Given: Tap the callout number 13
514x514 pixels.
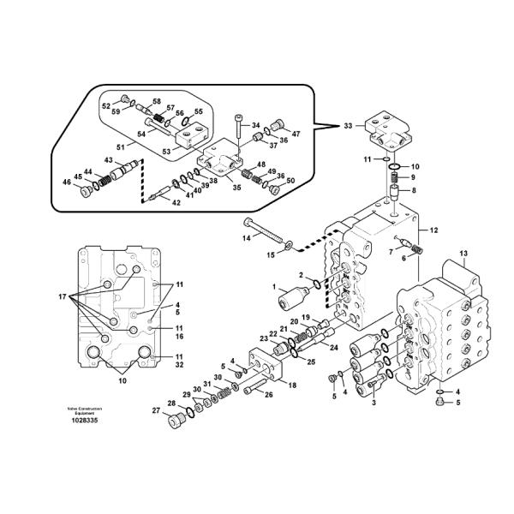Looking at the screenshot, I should [x=463, y=253].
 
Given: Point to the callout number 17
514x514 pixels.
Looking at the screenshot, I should [x=63, y=296].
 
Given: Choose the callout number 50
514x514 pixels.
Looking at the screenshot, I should [x=290, y=181].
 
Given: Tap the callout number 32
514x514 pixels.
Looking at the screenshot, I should [x=178, y=364].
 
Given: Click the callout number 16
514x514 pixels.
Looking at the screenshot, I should [x=178, y=337].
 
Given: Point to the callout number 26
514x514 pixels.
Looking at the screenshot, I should [x=268, y=395].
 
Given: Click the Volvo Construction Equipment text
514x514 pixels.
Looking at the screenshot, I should [x=84, y=410].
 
